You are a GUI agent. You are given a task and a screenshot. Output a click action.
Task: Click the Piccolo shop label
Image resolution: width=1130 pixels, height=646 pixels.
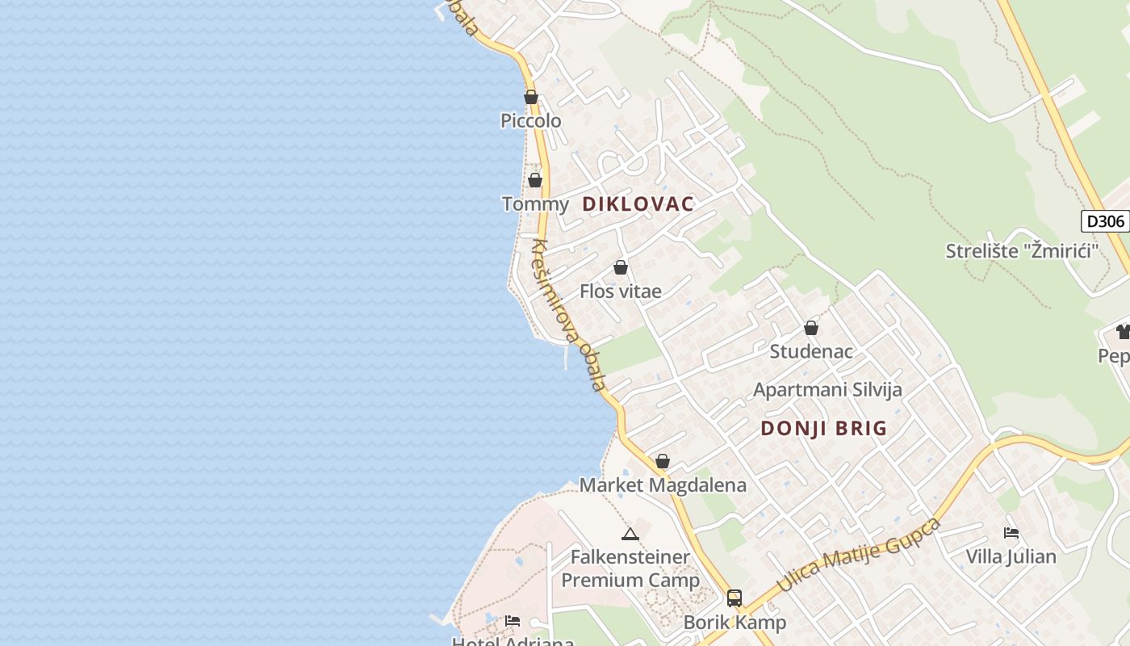pyautogui.click(x=530, y=121)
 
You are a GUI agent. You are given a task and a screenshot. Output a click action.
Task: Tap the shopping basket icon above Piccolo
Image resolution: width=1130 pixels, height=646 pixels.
pyautogui.click(x=531, y=98)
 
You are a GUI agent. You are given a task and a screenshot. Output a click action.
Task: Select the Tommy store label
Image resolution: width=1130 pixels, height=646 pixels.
pyautogui.click(x=535, y=204)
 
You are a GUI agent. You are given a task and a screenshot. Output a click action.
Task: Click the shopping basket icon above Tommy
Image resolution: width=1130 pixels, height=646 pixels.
pyautogui.click(x=535, y=180)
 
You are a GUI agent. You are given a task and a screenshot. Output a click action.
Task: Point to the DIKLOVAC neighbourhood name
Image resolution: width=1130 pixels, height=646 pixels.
pyautogui.click(x=638, y=204)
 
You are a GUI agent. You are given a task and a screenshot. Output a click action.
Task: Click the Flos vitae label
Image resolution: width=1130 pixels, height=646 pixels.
pyautogui.click(x=620, y=292)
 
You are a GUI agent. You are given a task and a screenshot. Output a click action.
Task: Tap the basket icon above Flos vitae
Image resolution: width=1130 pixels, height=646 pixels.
pyautogui.click(x=621, y=267)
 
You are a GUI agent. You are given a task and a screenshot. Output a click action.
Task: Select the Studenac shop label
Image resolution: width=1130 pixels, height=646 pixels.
pyautogui.click(x=810, y=352)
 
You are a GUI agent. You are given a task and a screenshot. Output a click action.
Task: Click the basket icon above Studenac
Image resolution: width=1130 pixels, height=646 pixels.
pyautogui.click(x=811, y=328)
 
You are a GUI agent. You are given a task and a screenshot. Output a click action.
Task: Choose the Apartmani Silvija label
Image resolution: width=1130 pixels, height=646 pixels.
pyautogui.click(x=827, y=390)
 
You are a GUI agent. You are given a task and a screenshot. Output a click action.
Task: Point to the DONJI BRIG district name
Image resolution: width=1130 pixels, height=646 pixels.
pyautogui.click(x=823, y=429)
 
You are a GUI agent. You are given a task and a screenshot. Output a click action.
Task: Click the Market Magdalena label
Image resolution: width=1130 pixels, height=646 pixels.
pyautogui.click(x=663, y=485)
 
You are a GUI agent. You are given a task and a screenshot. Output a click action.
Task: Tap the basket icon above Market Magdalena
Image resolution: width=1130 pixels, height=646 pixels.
pyautogui.click(x=663, y=461)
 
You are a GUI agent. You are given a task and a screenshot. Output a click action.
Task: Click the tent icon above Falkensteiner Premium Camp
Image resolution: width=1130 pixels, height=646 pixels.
pyautogui.click(x=630, y=534)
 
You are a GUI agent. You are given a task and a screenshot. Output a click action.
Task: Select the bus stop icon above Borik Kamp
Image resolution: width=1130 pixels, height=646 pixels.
pyautogui.click(x=734, y=598)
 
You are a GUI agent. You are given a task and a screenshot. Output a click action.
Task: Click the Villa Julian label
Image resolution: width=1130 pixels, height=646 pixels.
pyautogui.click(x=1011, y=556)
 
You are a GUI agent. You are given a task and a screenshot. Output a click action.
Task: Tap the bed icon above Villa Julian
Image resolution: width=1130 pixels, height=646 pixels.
pyautogui.click(x=1011, y=533)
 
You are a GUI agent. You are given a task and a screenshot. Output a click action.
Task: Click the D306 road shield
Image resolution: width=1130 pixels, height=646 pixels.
pyautogui.click(x=1104, y=221)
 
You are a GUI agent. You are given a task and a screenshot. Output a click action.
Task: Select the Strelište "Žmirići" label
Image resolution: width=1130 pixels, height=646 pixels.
pyautogui.click(x=1023, y=251)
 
